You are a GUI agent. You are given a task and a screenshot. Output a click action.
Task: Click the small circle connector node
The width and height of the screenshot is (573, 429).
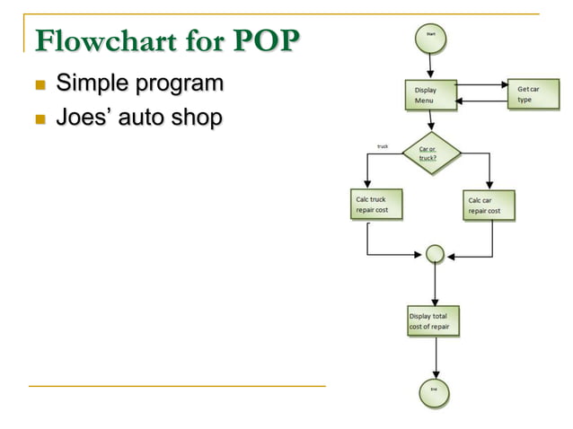435,254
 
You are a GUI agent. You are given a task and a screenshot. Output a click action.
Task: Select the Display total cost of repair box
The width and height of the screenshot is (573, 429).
434,321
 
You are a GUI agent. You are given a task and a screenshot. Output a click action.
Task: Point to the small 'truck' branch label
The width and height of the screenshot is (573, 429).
382,144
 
